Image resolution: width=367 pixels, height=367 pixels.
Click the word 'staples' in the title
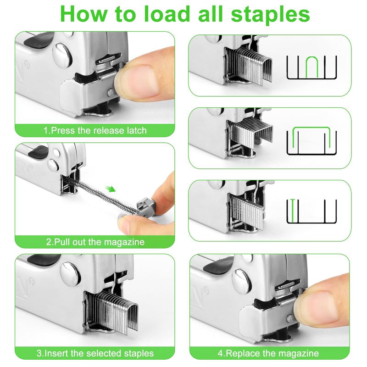(270, 15)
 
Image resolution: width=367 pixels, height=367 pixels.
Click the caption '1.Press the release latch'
(95, 130)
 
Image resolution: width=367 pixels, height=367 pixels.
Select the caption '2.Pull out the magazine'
(95, 242)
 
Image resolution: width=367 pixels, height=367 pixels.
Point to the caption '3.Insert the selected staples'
(95, 353)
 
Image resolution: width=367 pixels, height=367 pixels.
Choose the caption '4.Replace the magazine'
(268, 353)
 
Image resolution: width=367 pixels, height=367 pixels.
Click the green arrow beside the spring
(110, 188)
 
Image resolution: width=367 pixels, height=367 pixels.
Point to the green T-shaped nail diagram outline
(292, 211)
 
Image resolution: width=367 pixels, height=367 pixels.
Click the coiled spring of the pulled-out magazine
(103, 195)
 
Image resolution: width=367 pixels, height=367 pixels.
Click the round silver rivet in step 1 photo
(61, 56)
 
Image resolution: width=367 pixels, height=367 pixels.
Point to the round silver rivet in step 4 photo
(242, 281)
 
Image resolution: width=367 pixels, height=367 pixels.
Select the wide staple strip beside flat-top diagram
(250, 133)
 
